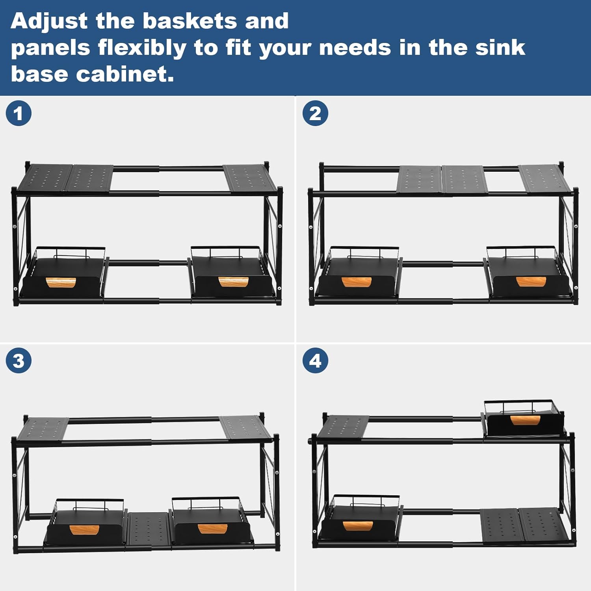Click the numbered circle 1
[x=19, y=113]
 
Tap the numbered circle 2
[x=315, y=113]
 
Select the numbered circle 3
[x=19, y=361]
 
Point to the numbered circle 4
[x=315, y=361]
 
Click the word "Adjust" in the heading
[x=49, y=21]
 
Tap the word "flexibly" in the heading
[x=141, y=48]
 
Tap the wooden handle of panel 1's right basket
[x=233, y=282]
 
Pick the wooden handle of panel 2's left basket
[x=357, y=282]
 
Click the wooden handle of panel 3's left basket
[x=84, y=530]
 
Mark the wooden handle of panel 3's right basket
[x=212, y=529]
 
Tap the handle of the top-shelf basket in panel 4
[x=525, y=420]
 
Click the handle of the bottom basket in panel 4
[x=358, y=526]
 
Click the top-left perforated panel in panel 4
[x=343, y=427]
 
